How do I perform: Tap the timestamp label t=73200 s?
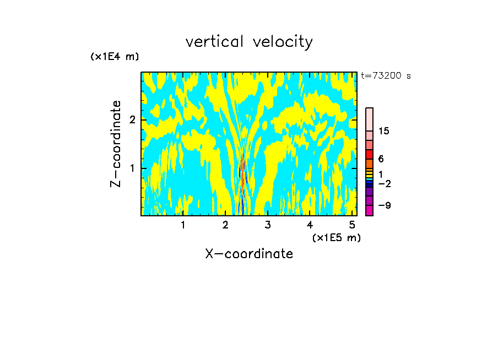tap(386, 76)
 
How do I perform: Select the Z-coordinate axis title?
tap(116, 144)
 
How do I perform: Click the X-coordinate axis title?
tap(249, 254)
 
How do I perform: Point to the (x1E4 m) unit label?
tap(115, 56)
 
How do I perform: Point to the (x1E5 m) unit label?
tap(336, 237)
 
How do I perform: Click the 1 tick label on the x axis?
tap(183, 225)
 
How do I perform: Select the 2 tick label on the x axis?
tap(225, 225)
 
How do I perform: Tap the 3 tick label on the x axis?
tap(267, 225)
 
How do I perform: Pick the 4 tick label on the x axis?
tap(310, 225)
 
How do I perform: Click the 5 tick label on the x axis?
tap(351, 225)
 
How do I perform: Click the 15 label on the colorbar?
tap(384, 131)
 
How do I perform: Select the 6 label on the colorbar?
tap(381, 159)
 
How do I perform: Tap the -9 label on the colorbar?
tap(384, 205)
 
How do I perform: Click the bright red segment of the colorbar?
tap(369, 154)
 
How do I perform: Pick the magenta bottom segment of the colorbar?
tap(369, 210)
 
